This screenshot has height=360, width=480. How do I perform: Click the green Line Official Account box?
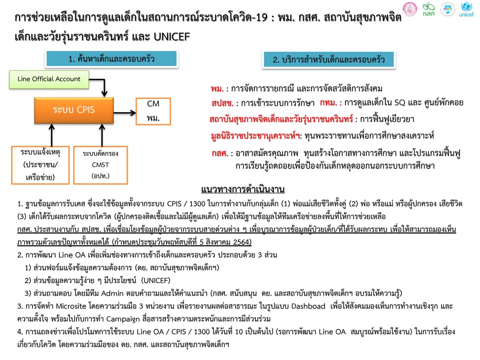tap(49, 79)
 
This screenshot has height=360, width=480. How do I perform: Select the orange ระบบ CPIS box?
tap(74, 110)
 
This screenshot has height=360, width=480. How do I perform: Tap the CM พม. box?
tap(153, 111)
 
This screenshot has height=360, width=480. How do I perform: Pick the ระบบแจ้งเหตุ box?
tap(40, 165)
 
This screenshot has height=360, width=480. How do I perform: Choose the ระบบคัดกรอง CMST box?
tap(100, 165)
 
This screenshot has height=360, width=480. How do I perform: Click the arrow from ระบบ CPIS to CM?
tap(125, 113)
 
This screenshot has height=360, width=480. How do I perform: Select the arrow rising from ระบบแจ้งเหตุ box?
tap(52, 135)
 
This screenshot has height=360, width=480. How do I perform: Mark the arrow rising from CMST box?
tap(102, 135)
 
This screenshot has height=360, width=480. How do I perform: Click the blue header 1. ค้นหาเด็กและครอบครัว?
tap(112, 58)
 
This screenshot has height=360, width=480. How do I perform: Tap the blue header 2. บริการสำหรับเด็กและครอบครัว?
tap(329, 60)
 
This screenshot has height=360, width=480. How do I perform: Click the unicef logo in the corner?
tap(466, 10)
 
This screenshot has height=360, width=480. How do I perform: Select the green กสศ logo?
tap(429, 10)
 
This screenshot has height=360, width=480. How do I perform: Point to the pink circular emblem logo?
tap(410, 9)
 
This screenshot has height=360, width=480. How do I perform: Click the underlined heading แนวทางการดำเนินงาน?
tap(243, 189)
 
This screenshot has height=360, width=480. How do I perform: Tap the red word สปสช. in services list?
tap(222, 103)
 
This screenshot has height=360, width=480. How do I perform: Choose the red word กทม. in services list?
tap(331, 103)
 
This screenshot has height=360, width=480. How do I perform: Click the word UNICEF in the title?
tap(172, 37)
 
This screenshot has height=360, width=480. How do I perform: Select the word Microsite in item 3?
tap(71, 306)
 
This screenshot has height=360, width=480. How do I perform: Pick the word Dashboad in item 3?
tap(308, 306)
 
